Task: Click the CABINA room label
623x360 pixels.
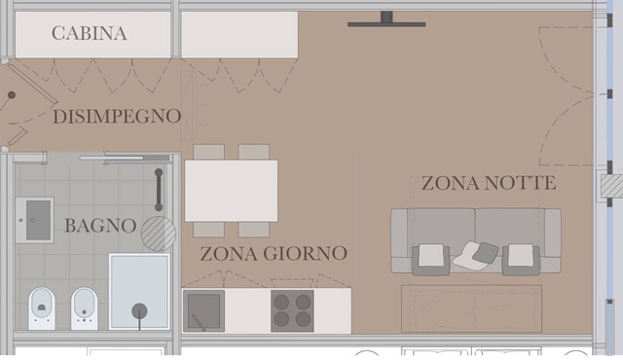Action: tap(90, 33)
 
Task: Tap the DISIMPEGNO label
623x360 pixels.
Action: tap(117, 117)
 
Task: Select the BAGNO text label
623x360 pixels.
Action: tap(100, 226)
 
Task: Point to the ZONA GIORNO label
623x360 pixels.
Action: tap(274, 254)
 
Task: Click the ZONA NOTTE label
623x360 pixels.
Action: tap(489, 183)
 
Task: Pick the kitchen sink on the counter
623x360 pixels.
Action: tap(203, 310)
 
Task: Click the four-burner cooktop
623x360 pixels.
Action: tap(292, 310)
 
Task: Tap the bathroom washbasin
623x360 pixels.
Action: tap(35, 220)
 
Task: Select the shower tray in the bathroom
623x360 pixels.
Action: tap(139, 291)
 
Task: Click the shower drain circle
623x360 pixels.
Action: tap(139, 311)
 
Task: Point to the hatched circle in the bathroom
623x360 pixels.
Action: tap(159, 234)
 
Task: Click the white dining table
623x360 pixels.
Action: tap(232, 191)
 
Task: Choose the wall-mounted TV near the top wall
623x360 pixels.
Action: tap(386, 19)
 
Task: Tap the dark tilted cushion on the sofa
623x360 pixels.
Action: tap(486, 252)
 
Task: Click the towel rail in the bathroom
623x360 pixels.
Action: tap(159, 190)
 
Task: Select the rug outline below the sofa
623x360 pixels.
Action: tap(471, 308)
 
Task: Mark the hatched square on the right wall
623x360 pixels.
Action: tap(611, 186)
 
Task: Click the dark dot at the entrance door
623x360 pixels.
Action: tap(12, 94)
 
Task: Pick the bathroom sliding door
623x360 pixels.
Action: tap(125, 158)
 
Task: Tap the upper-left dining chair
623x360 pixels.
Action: tap(208, 152)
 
